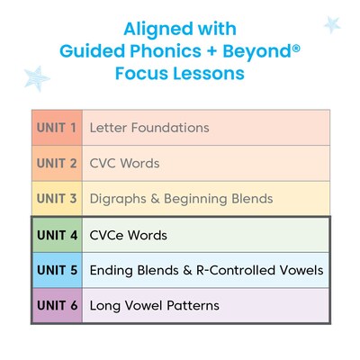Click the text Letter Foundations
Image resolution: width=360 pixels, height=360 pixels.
coord(149,128)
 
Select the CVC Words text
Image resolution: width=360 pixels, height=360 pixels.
coord(124,164)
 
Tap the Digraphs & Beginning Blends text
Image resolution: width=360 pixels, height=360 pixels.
coord(180,199)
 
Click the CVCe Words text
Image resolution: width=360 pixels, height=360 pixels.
coord(129,236)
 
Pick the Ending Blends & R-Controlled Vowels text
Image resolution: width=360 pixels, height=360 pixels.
coord(206,270)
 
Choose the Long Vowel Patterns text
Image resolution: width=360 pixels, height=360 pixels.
coord(154,306)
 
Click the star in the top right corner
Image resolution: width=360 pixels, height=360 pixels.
coord(331,23)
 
